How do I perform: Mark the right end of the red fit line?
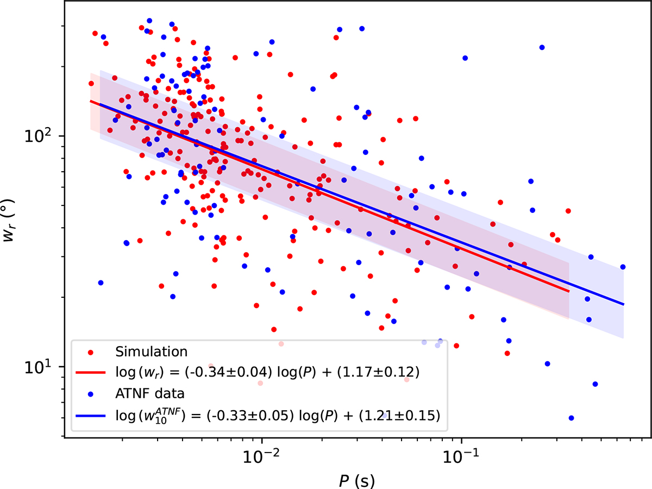click(x=569, y=291)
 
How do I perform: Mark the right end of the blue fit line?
click(x=623, y=304)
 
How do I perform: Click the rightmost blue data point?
click(x=623, y=267)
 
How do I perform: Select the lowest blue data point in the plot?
click(x=571, y=418)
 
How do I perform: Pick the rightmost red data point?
click(x=568, y=211)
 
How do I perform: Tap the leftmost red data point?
click(x=91, y=84)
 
